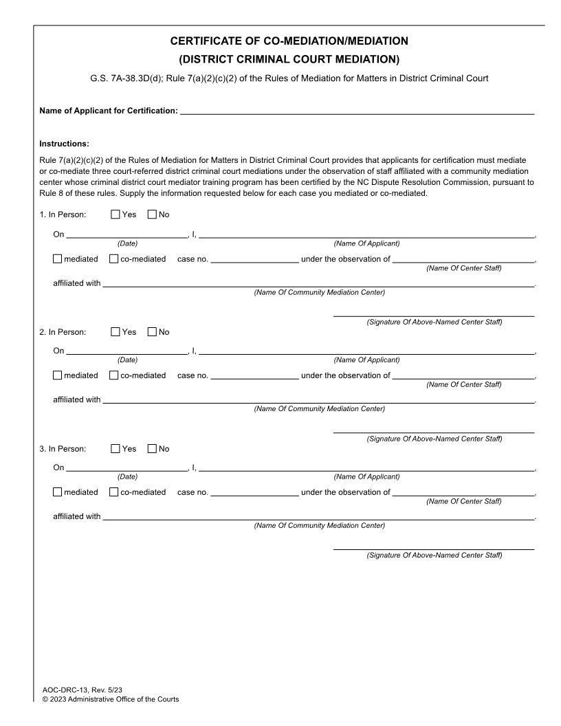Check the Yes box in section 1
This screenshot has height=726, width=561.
coord(115,215)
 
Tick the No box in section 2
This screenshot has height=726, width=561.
coord(152,332)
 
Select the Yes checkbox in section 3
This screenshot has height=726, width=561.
coord(115,449)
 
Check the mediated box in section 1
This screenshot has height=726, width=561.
coord(58,259)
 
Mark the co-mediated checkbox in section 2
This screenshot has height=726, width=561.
coord(114,375)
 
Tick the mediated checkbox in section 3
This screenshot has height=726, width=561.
coord(58,492)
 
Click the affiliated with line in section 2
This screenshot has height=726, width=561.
coord(318,401)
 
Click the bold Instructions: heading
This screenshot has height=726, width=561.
coord(65,144)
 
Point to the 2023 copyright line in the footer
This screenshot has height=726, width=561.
coord(110,699)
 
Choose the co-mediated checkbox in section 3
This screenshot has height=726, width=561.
coord(114,492)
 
